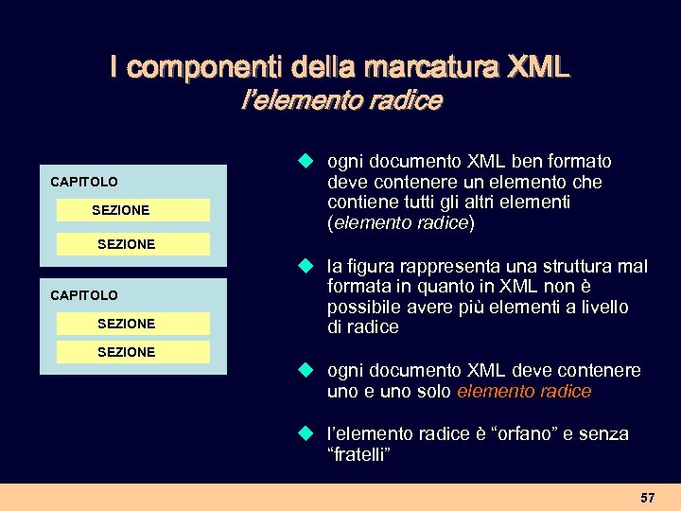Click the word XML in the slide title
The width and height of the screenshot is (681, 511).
pyautogui.click(x=539, y=67)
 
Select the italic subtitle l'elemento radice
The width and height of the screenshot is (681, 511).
pyautogui.click(x=341, y=100)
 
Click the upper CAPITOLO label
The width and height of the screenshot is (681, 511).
pyautogui.click(x=84, y=181)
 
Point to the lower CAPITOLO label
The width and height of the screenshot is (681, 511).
pyautogui.click(x=84, y=295)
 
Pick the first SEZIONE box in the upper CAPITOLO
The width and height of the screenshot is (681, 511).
pyautogui.click(x=132, y=210)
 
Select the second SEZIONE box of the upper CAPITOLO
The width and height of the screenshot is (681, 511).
pyautogui.click(x=132, y=244)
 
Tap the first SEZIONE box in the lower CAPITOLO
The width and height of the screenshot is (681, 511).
pyautogui.click(x=132, y=324)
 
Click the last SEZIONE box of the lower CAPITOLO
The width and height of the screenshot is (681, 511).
pyautogui.click(x=132, y=352)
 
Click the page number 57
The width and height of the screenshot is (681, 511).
pyautogui.click(x=647, y=497)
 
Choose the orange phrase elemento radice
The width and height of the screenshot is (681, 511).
pyautogui.click(x=524, y=391)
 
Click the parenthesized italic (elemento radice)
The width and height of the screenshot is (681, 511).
pyautogui.click(x=401, y=223)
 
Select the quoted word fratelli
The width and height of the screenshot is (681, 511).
pyautogui.click(x=358, y=454)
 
